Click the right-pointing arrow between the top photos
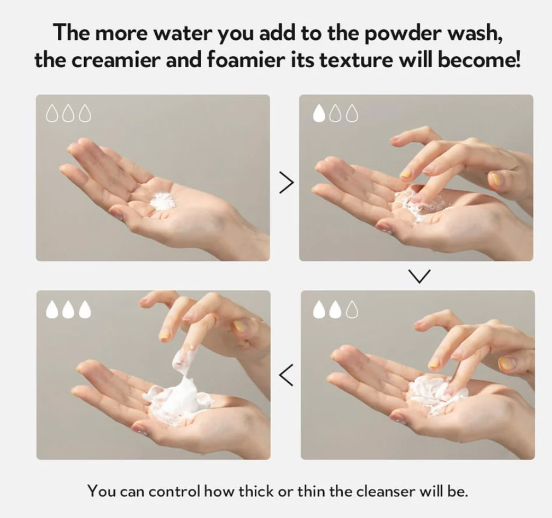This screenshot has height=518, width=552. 286,183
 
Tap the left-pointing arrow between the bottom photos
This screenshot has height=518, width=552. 286,375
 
